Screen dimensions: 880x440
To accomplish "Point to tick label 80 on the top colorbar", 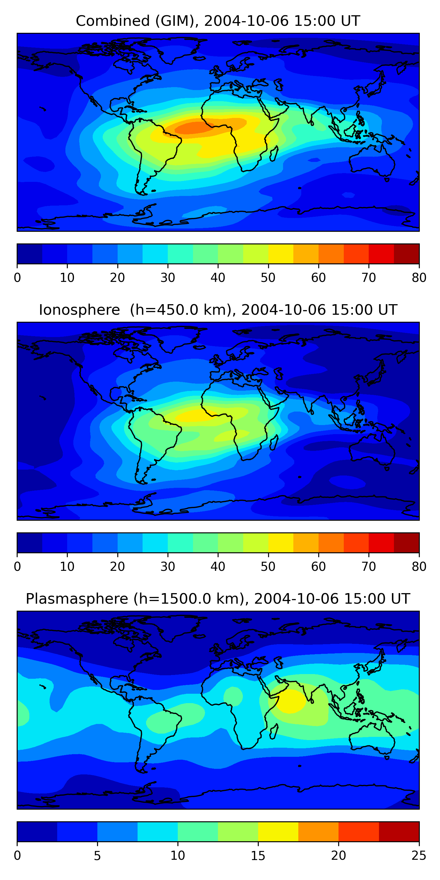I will [419, 278].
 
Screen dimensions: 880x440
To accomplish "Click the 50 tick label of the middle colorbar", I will [268, 566].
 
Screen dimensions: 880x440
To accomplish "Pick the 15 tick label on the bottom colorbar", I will [258, 855].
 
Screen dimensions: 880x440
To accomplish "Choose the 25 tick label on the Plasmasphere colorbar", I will [419, 855].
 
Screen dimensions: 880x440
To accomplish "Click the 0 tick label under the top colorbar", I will [17, 278].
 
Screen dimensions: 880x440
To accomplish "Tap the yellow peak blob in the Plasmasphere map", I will [290, 700].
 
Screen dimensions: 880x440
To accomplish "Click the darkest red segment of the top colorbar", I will [407, 254].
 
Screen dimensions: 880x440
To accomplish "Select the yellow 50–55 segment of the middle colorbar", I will [281, 542].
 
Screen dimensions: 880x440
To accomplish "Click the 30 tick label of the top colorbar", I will [168, 278].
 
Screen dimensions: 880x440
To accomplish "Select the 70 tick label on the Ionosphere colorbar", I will [369, 566].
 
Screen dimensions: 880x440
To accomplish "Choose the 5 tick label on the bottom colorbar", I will [97, 855].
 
